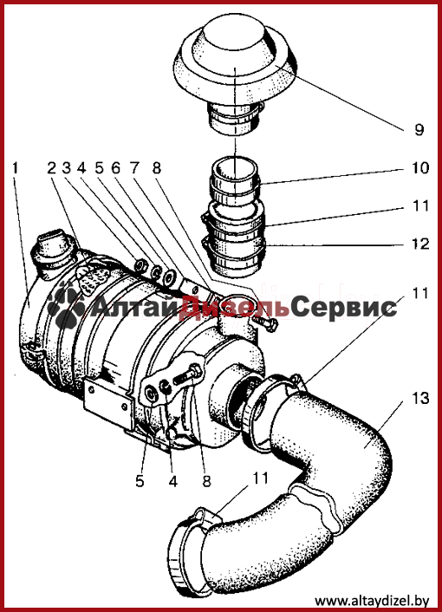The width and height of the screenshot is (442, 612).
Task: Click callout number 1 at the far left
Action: click(x=15, y=168)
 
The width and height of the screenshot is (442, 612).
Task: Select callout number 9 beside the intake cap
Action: click(x=419, y=129)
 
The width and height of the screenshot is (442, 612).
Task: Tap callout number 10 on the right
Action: click(x=420, y=168)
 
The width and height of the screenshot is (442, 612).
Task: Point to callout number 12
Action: click(x=420, y=244)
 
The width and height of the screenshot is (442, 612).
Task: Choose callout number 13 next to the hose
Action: click(x=420, y=399)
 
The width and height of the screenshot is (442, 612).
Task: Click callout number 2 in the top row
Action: click(x=52, y=168)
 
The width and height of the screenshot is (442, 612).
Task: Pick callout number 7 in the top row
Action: click(x=134, y=168)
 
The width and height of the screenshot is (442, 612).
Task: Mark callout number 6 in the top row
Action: click(x=116, y=168)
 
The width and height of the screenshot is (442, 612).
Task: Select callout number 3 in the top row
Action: click(x=67, y=168)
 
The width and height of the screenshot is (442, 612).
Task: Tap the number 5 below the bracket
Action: click(x=140, y=481)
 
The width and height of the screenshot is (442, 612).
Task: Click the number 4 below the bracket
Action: click(x=172, y=481)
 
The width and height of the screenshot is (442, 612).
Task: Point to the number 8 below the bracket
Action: click(x=206, y=481)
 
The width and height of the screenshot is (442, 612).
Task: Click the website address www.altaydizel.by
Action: click(x=372, y=600)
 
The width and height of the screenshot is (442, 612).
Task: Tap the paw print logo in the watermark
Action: click(x=67, y=304)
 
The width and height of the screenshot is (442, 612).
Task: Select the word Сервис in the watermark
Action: click(x=344, y=307)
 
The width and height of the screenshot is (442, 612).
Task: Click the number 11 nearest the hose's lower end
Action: click(x=260, y=478)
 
